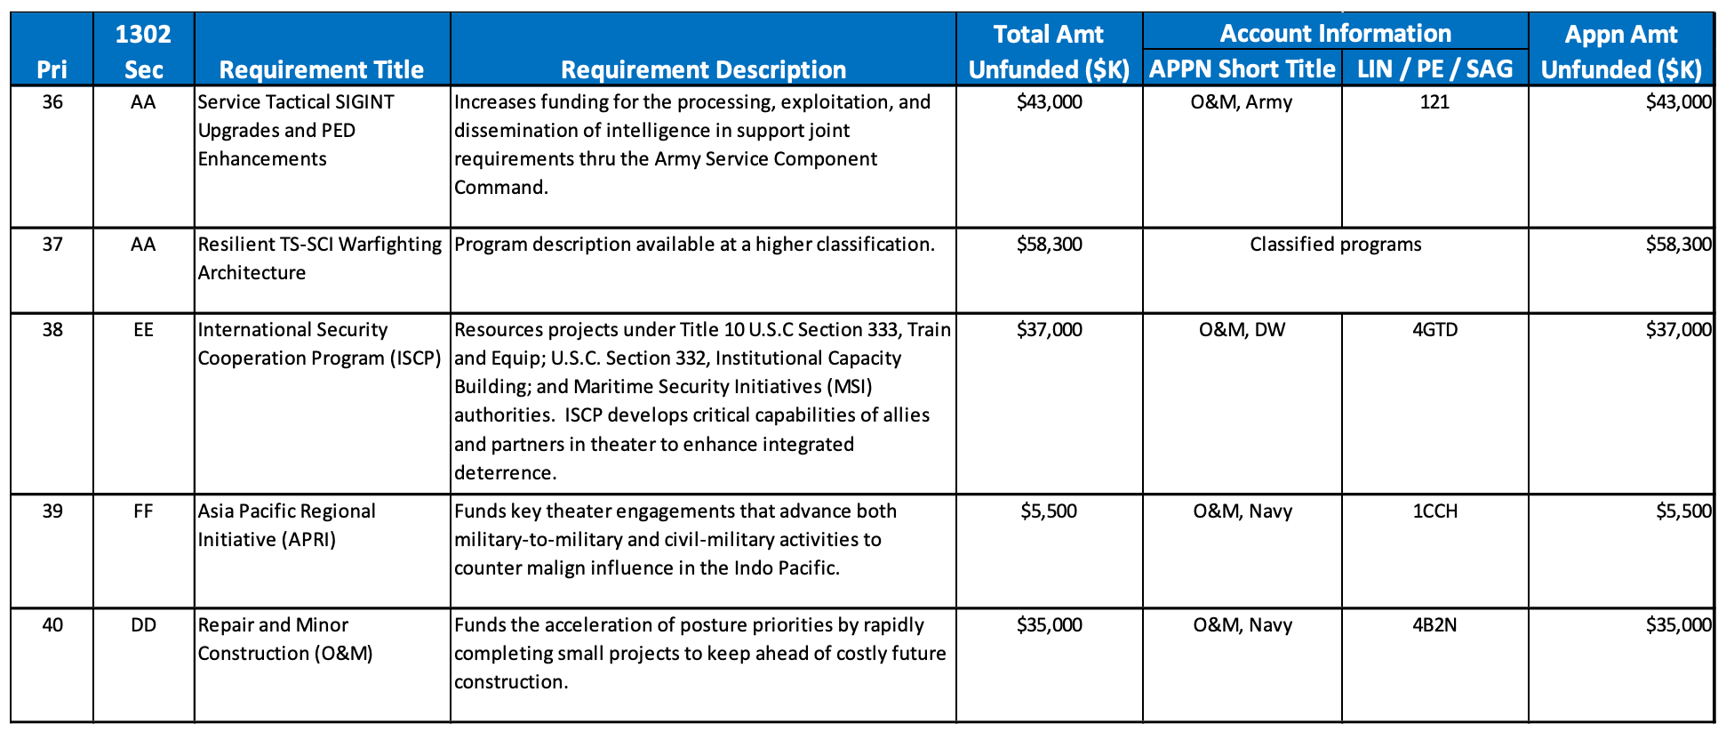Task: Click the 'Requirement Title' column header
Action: (x=321, y=69)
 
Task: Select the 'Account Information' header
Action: (x=1335, y=34)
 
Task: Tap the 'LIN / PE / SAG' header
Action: (x=1434, y=69)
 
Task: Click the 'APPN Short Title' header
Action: (x=1242, y=69)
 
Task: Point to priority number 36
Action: (x=52, y=102)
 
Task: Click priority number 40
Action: (x=52, y=625)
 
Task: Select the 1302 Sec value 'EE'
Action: (x=143, y=330)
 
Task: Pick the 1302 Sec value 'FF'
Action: (x=143, y=511)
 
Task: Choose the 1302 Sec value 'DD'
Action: (x=143, y=625)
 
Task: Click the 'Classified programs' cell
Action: (x=1335, y=245)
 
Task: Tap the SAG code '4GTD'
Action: (x=1434, y=330)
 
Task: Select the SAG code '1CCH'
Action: (x=1434, y=511)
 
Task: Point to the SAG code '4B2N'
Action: (x=1434, y=625)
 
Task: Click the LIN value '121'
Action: (x=1434, y=102)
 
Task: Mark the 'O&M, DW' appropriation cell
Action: (x=1242, y=330)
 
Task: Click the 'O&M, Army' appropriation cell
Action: (x=1242, y=102)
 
